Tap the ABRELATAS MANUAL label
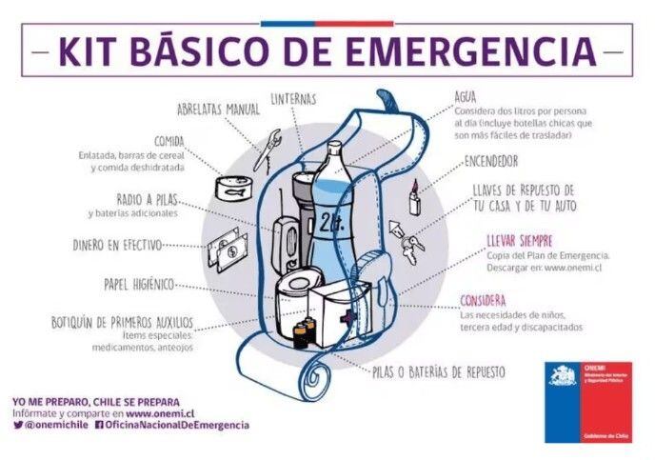pos(217,110)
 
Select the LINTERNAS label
pos(293,98)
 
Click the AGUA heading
pos(465,96)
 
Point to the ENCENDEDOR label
pos(491,161)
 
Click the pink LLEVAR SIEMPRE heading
pos(519,241)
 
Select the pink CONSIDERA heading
pos(483,300)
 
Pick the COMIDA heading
pos(169,140)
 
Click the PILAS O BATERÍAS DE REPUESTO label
pos(438,371)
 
